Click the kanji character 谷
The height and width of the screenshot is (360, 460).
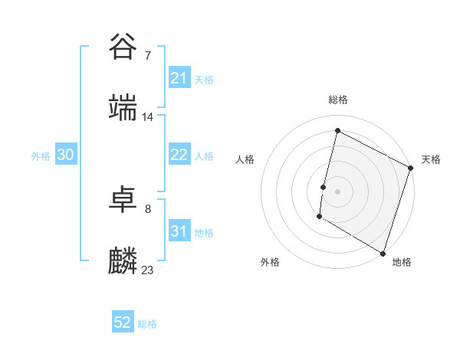click(123, 47)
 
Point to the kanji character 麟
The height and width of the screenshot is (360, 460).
click(123, 260)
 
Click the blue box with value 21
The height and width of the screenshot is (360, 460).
click(179, 77)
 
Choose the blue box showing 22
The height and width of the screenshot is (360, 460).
click(179, 155)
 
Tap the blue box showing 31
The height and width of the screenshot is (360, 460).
click(179, 231)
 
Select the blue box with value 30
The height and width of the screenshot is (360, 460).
click(65, 155)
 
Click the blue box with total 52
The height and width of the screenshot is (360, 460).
click(123, 322)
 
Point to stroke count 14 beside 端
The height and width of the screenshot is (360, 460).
click(148, 117)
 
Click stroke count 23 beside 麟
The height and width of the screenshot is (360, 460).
click(148, 270)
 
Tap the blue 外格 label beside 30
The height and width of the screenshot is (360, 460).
click(41, 155)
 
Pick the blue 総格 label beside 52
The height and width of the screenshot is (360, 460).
click(147, 324)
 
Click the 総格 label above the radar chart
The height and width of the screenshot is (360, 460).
click(338, 100)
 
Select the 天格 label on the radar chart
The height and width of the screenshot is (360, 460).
click(431, 159)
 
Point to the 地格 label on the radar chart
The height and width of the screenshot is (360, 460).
click(402, 262)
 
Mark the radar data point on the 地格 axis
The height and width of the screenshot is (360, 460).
click(383, 253)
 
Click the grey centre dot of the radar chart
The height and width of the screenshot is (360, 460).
click(338, 191)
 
